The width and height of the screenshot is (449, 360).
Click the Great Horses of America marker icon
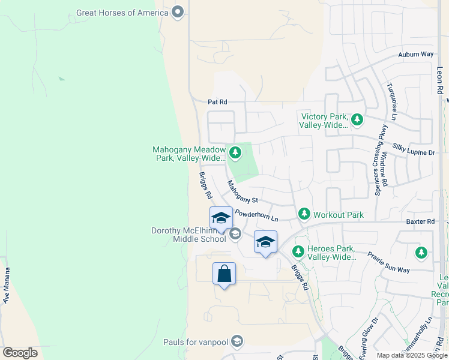point(177,12)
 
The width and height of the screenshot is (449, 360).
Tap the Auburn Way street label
point(415,55)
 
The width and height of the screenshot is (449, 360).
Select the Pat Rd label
point(217,102)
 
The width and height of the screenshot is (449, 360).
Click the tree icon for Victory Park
point(357,120)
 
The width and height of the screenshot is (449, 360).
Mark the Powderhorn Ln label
point(257,215)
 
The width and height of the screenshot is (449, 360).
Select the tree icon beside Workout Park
point(304,214)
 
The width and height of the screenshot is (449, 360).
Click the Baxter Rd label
point(420,221)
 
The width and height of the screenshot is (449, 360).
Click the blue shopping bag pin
point(224,274)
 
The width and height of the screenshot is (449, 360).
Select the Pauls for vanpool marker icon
point(237,342)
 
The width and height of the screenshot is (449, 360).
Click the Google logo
point(20,353)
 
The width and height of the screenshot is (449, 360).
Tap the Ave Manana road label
point(7,289)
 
